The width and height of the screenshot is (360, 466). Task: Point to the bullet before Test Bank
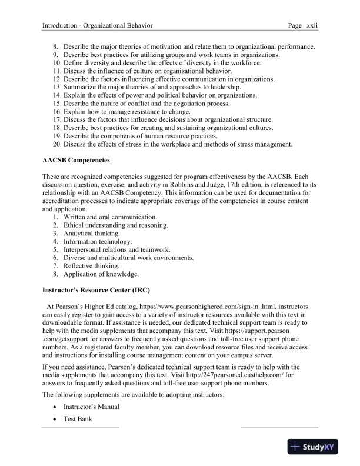point(55,419)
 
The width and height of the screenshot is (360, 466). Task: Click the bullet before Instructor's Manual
point(55,407)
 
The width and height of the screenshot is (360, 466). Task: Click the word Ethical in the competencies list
point(75,225)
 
